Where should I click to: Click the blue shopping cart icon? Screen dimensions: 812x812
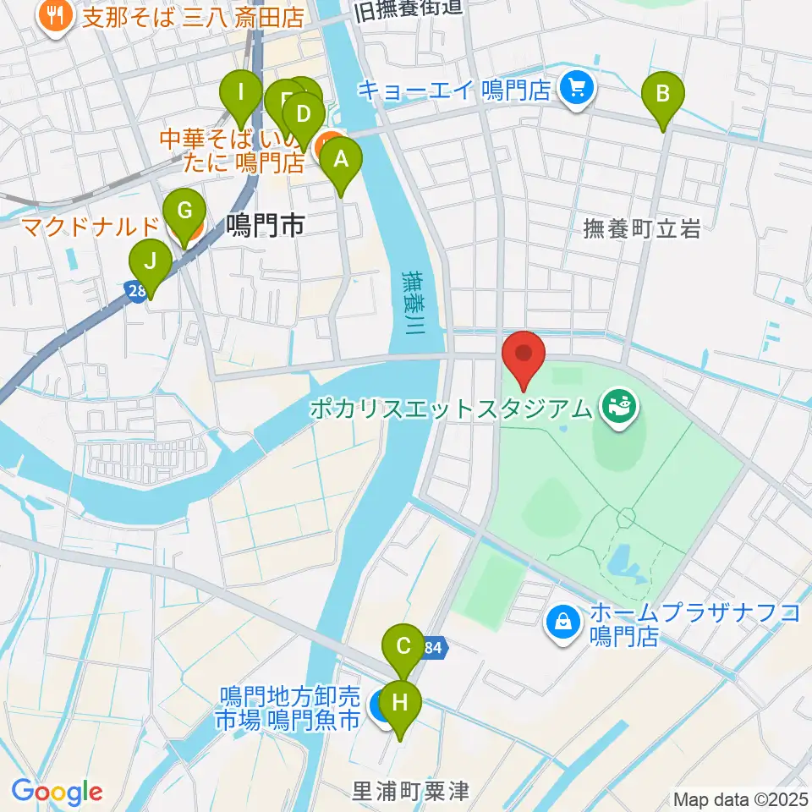tap(579, 87)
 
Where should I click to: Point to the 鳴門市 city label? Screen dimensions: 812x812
tap(265, 226)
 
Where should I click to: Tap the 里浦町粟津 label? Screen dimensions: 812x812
tap(410, 790)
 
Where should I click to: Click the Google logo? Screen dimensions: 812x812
tap(58, 793)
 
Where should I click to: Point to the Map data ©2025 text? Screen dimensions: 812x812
tap(739, 798)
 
